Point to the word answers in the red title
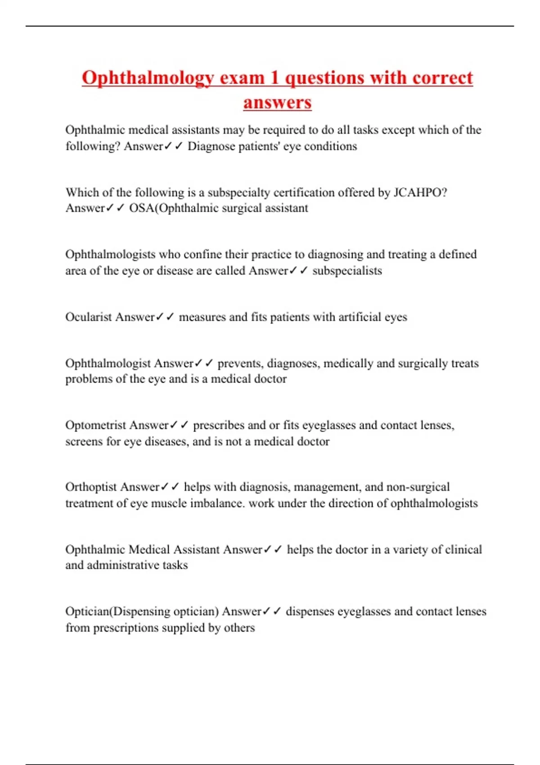[x=277, y=103]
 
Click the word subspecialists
[x=347, y=270]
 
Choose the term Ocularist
[x=89, y=317]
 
